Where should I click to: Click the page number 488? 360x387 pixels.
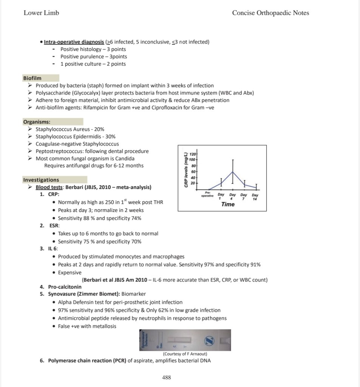(x=167, y=377)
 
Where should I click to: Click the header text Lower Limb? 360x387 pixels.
(x=41, y=13)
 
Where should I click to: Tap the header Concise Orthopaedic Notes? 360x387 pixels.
(x=270, y=13)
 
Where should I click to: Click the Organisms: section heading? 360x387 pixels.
(x=37, y=122)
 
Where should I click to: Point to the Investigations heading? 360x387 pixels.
(x=41, y=180)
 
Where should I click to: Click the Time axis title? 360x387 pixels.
(x=228, y=204)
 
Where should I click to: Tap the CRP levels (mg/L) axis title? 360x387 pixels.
(x=186, y=170)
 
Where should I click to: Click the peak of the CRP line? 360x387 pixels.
(x=233, y=172)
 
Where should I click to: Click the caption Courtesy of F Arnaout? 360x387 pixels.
(x=185, y=354)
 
